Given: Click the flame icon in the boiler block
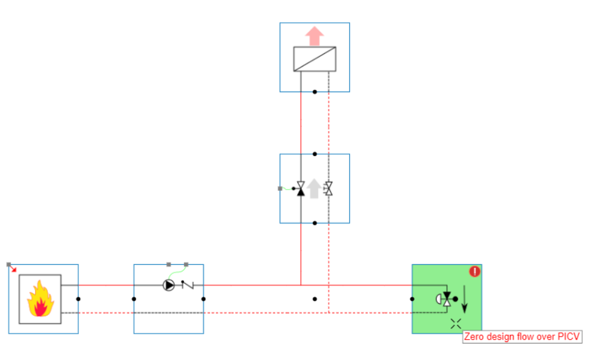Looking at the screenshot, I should pyautogui.click(x=39, y=300).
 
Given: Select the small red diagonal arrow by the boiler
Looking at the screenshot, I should pyautogui.click(x=13, y=268).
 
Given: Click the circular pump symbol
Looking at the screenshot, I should pyautogui.click(x=169, y=285).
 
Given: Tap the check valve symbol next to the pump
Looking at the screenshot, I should pyautogui.click(x=188, y=285).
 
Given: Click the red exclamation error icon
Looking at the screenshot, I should pyautogui.click(x=475, y=271).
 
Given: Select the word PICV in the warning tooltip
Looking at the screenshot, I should pyautogui.click(x=568, y=337).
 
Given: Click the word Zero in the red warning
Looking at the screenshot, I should pyautogui.click(x=475, y=337).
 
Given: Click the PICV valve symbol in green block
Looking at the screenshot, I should pyautogui.click(x=445, y=299).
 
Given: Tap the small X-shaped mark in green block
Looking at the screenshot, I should pyautogui.click(x=456, y=324).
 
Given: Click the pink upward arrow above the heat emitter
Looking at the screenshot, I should pyautogui.click(x=315, y=35).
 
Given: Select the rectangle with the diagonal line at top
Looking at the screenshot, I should pyautogui.click(x=315, y=59).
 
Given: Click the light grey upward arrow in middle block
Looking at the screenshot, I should pyautogui.click(x=315, y=188).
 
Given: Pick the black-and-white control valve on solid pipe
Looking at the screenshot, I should pyautogui.click(x=301, y=189).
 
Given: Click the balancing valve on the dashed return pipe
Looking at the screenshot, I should pyautogui.click(x=328, y=189).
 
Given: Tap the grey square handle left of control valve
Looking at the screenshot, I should pyautogui.click(x=280, y=188).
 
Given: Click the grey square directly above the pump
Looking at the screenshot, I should pyautogui.click(x=169, y=264).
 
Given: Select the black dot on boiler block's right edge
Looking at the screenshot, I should pyautogui.click(x=78, y=299).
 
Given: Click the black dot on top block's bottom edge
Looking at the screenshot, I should pyautogui.click(x=315, y=92).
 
